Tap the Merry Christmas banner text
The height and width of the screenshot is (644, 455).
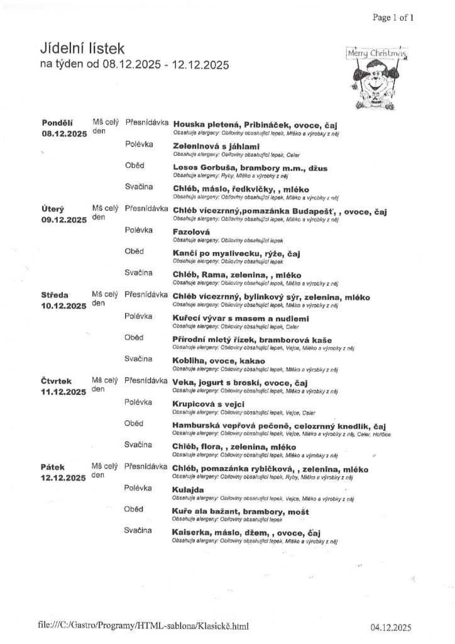pyautogui.click(x=376, y=55)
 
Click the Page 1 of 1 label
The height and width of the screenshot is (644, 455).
pyautogui.click(x=393, y=18)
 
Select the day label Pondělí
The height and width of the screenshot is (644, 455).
pyautogui.click(x=57, y=123)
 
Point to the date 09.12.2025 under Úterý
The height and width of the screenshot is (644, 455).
pyautogui.click(x=64, y=219)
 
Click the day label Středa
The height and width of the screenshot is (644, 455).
pyautogui.click(x=56, y=295)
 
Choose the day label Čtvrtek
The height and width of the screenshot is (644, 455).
pyautogui.click(x=58, y=381)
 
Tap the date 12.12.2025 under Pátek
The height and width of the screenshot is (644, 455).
pyautogui.click(x=63, y=479)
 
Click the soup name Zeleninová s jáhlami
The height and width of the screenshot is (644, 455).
pyautogui.click(x=216, y=147)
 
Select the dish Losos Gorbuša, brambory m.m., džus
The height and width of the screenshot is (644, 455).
pyautogui.click(x=250, y=168)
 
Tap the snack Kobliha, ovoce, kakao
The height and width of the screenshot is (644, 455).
pyautogui.click(x=219, y=361)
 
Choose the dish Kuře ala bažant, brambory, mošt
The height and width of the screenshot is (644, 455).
pyautogui.click(x=240, y=511)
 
